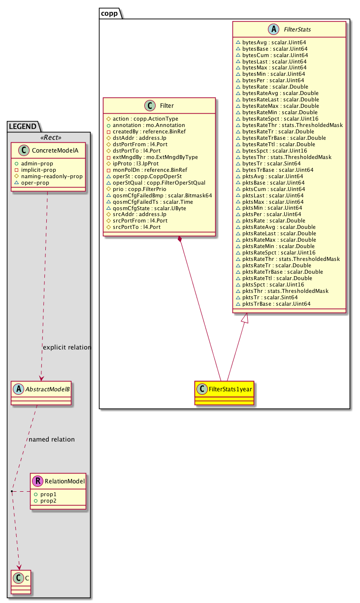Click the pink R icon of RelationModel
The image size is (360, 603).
pos(38,481)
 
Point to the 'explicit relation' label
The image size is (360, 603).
pos(67,348)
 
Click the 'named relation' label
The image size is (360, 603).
pos(52,439)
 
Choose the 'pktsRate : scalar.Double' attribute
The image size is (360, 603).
pos(274,221)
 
